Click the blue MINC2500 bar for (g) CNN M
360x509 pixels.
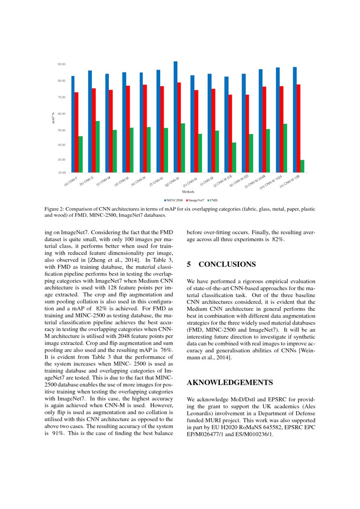[x=175, y=117]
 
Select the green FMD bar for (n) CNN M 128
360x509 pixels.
[x=302, y=166]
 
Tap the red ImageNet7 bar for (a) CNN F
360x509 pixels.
[x=77, y=132]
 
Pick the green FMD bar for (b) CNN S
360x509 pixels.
[x=98, y=147]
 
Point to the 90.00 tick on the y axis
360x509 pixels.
[x=61, y=64]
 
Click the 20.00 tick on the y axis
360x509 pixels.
[x=61, y=173]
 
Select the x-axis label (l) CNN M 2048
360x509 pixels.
[x=255, y=182]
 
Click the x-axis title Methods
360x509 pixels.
[x=188, y=191]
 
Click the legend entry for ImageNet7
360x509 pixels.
[x=196, y=200]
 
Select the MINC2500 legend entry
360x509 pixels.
[x=175, y=200]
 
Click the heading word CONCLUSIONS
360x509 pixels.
[x=227, y=264]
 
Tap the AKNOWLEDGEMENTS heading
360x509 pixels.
[x=229, y=383]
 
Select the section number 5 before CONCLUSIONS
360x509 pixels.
[x=189, y=264]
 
